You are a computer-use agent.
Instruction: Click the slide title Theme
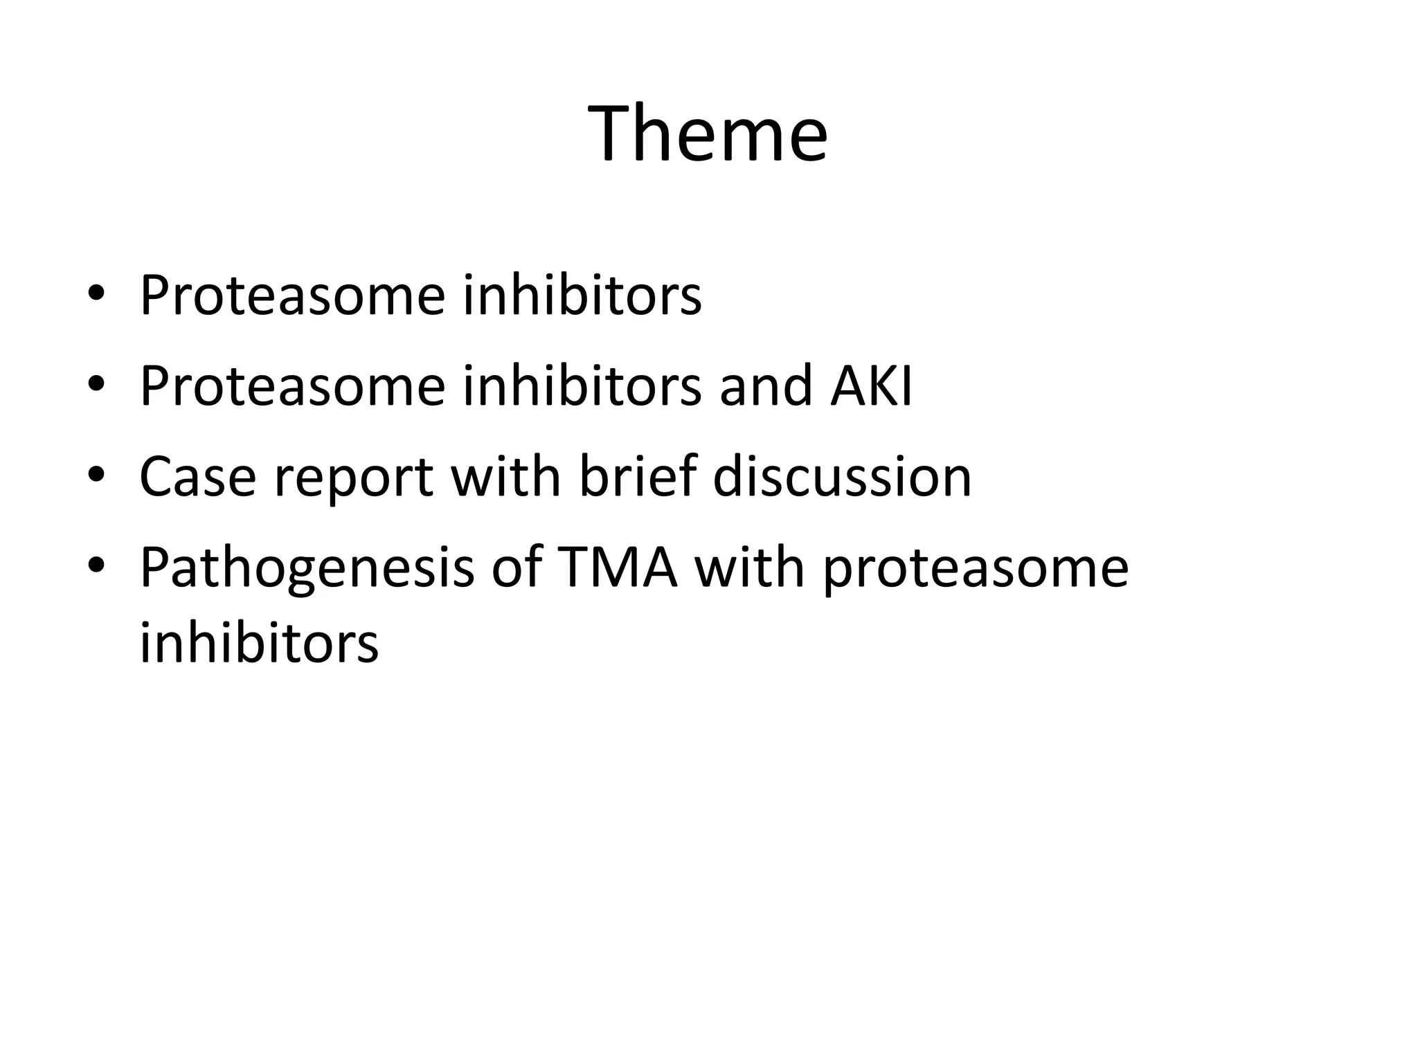click(x=708, y=133)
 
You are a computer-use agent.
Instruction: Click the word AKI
click(x=872, y=385)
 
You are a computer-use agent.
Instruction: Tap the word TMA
click(x=616, y=567)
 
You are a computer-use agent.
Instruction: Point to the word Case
click(x=197, y=477)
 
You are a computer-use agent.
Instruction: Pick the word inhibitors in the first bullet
click(x=582, y=295)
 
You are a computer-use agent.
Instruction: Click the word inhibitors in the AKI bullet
click(x=582, y=385)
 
